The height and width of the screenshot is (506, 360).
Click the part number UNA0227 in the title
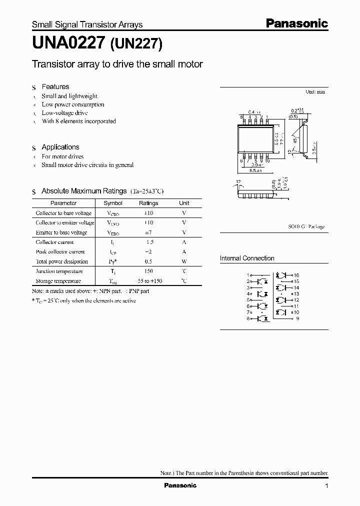pos(68,43)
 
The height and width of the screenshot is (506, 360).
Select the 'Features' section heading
pos(55,86)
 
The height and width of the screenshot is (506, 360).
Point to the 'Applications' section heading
pos(60,147)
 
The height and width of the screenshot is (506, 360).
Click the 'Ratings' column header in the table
pos(148,203)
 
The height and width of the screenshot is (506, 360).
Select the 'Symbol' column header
pos(113,203)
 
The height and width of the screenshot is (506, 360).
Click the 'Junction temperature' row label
pos(59,271)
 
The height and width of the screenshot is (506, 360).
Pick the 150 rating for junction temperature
pos(148,271)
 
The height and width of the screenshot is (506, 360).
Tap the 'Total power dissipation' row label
pos(61,261)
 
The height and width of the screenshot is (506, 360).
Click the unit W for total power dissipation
pos(184,261)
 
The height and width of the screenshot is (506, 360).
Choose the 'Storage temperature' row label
pos(58,280)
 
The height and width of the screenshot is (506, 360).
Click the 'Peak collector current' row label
pos(60,252)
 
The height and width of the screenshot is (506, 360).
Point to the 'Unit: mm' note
pos(315,92)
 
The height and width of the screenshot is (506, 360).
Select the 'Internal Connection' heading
pos(247,258)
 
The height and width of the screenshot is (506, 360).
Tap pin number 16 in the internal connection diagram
pos(296,275)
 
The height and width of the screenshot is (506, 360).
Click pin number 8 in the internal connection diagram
pos(247,318)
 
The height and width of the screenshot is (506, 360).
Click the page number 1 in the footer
pos(326,485)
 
